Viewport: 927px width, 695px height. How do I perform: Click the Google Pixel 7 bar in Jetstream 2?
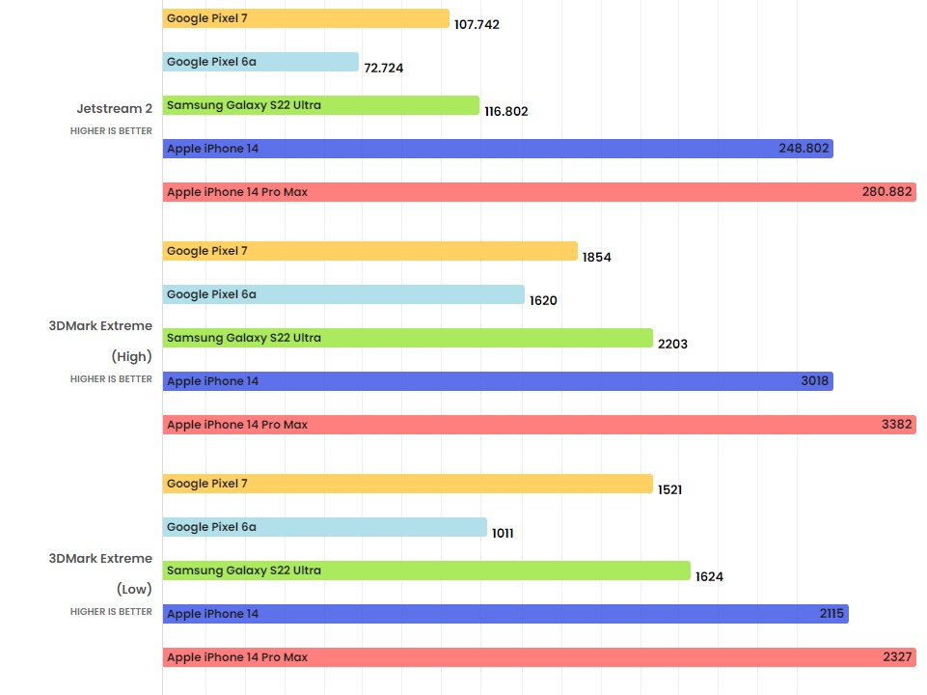(x=306, y=18)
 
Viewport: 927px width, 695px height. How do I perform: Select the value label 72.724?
(x=384, y=69)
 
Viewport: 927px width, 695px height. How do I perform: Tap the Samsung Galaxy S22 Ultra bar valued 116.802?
(x=320, y=105)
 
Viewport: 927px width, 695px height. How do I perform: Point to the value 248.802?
(x=804, y=149)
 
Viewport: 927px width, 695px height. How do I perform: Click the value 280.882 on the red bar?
(x=886, y=192)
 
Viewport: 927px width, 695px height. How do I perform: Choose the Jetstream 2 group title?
(x=114, y=108)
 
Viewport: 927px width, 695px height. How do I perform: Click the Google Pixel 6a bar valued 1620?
(x=342, y=294)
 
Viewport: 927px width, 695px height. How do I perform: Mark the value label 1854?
(x=596, y=258)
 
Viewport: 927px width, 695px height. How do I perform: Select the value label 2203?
(x=671, y=344)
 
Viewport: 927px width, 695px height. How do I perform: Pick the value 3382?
(x=896, y=425)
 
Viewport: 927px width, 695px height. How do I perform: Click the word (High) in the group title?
(x=131, y=356)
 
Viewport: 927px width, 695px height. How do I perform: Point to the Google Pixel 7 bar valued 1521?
(x=407, y=484)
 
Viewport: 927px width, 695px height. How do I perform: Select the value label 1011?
(x=503, y=533)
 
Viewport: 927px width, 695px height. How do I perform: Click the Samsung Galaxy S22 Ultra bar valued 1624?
(x=425, y=570)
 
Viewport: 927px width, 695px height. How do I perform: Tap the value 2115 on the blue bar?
(x=830, y=614)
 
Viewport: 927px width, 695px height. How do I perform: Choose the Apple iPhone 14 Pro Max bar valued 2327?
(x=538, y=657)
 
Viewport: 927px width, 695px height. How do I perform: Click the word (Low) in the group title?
(x=134, y=589)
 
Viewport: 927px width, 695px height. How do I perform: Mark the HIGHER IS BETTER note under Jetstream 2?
(x=111, y=131)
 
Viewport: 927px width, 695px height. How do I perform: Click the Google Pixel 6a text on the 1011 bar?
(x=211, y=527)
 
